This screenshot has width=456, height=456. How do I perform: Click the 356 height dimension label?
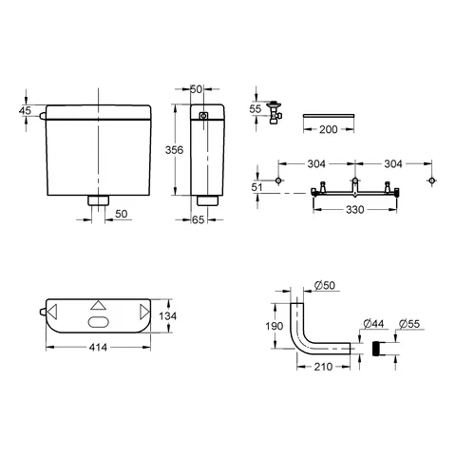(x=174, y=150)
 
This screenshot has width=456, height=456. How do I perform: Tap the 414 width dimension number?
(x=98, y=348)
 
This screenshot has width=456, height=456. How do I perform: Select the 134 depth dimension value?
(x=167, y=316)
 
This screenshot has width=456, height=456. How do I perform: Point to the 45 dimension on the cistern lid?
(x=25, y=110)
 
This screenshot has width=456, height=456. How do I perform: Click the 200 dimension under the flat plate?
(x=329, y=129)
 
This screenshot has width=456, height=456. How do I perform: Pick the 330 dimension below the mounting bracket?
(x=354, y=210)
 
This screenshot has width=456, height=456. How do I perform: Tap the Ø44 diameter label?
(x=373, y=324)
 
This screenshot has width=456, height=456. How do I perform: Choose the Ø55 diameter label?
(x=409, y=324)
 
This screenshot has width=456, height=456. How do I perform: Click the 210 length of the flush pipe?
(x=323, y=367)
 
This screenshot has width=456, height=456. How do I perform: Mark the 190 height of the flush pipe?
(x=275, y=326)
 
